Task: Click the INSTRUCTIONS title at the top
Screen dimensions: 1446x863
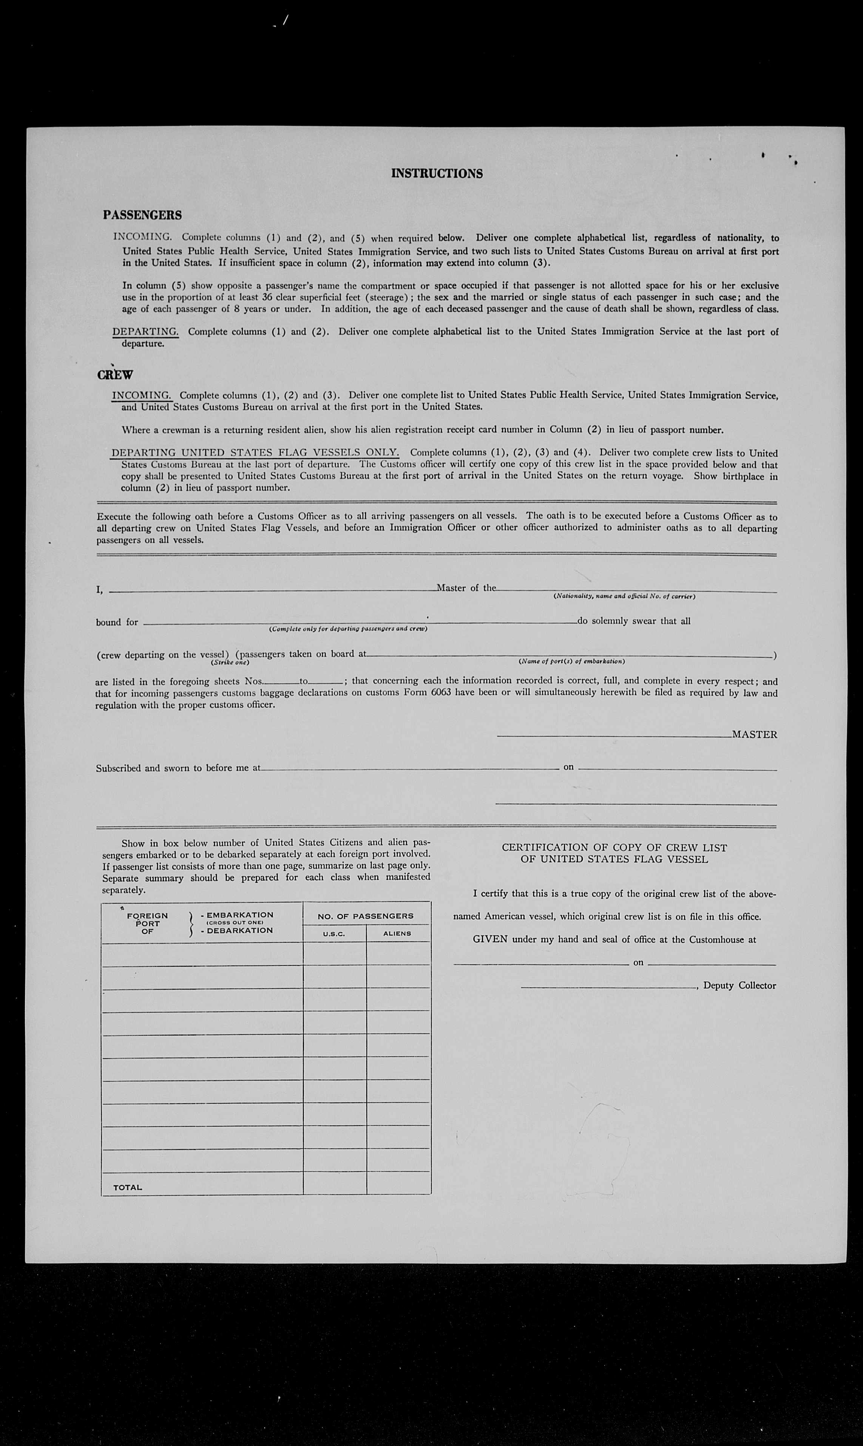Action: click(x=436, y=173)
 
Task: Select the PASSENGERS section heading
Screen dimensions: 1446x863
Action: click(x=142, y=215)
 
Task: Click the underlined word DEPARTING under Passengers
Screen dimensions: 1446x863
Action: click(x=145, y=332)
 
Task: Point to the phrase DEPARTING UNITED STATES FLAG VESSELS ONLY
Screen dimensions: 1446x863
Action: click(x=255, y=453)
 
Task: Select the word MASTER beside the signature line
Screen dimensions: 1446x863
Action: click(x=754, y=735)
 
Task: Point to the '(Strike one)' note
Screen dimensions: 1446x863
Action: click(x=230, y=663)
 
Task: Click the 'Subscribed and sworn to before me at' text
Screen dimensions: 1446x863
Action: click(x=178, y=768)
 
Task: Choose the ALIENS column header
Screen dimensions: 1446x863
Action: click(x=397, y=933)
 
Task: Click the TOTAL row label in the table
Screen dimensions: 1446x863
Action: click(x=127, y=1187)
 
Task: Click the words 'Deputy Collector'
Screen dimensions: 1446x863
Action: click(x=739, y=985)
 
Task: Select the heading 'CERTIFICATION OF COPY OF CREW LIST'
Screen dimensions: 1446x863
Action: click(x=614, y=848)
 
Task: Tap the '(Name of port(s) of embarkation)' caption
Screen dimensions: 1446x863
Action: click(x=572, y=661)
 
